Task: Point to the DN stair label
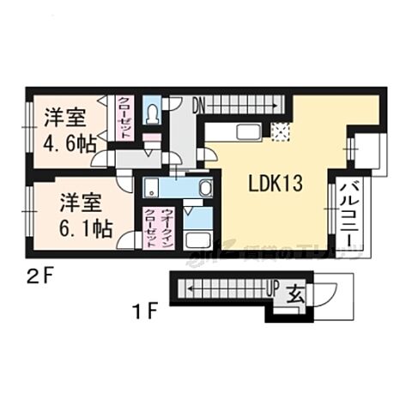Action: pyautogui.click(x=198, y=106)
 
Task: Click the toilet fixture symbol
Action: pyautogui.click(x=153, y=112)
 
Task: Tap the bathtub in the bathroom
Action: pyautogui.click(x=198, y=239)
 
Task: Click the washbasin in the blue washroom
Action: pyautogui.click(x=206, y=188)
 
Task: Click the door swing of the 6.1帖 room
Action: pyautogui.click(x=124, y=241)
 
